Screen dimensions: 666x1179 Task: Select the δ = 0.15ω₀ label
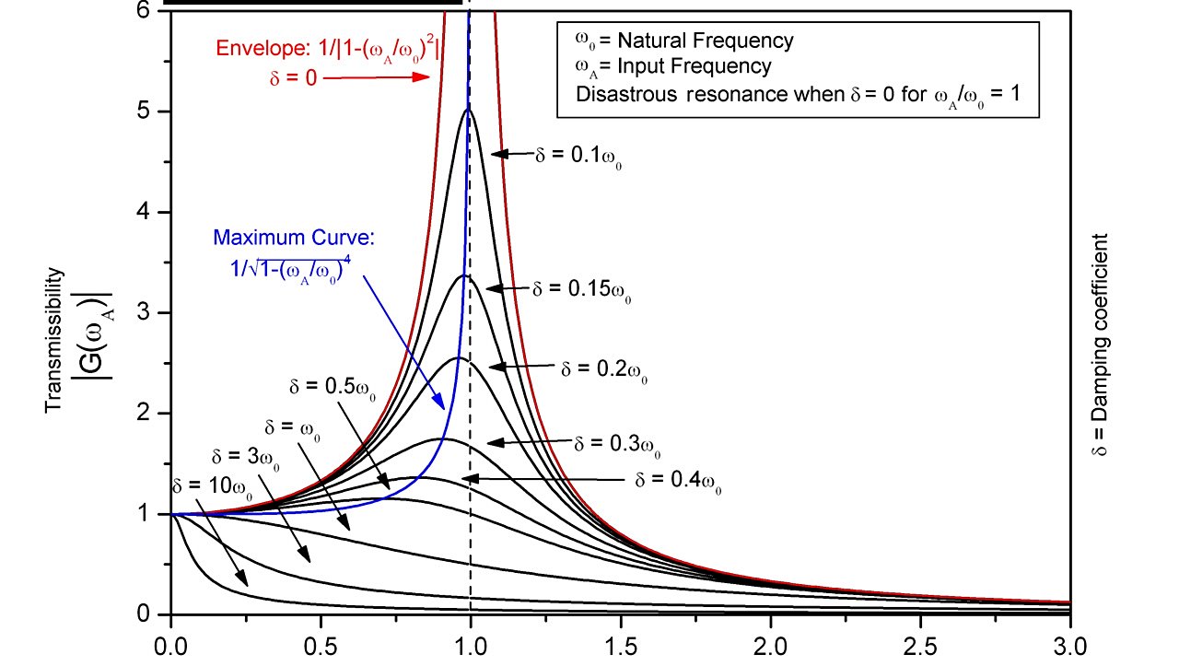tap(582, 289)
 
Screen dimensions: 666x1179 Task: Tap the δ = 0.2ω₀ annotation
tap(603, 369)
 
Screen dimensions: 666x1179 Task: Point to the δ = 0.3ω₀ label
tap(617, 444)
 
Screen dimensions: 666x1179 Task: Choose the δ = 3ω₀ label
tap(242, 456)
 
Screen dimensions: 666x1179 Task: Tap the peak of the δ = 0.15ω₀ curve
tap(465, 275)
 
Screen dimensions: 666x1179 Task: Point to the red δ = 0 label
tap(293, 79)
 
